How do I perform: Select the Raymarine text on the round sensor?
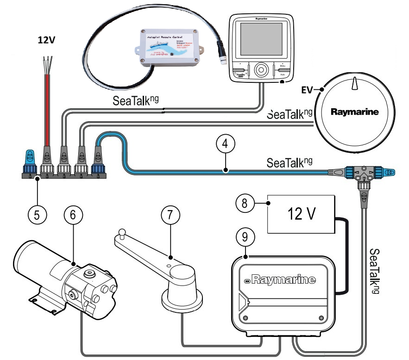pos(354,112)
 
